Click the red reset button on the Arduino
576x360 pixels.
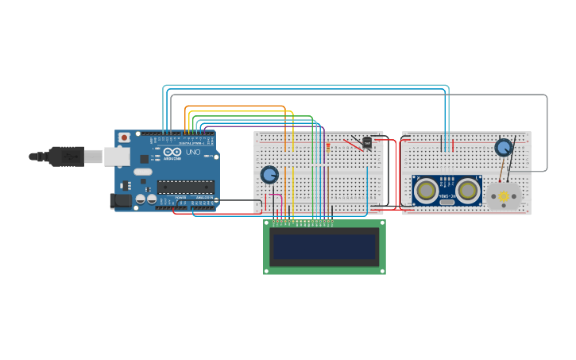pos(124,137)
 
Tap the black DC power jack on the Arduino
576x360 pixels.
pos(120,201)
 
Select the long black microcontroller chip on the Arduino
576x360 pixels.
pos(185,188)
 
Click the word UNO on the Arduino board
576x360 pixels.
pos(193,152)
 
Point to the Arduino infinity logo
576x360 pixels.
pos(172,151)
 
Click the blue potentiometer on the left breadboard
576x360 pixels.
pos(269,174)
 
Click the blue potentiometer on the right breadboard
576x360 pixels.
pos(504,147)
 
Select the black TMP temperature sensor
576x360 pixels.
pos(367,142)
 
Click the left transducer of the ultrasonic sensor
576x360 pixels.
pos(427,190)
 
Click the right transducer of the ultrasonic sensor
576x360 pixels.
pos(468,190)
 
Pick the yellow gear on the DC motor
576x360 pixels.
pos(503,195)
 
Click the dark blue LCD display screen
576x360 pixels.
pos(324,247)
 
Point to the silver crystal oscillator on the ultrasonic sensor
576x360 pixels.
pos(447,202)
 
